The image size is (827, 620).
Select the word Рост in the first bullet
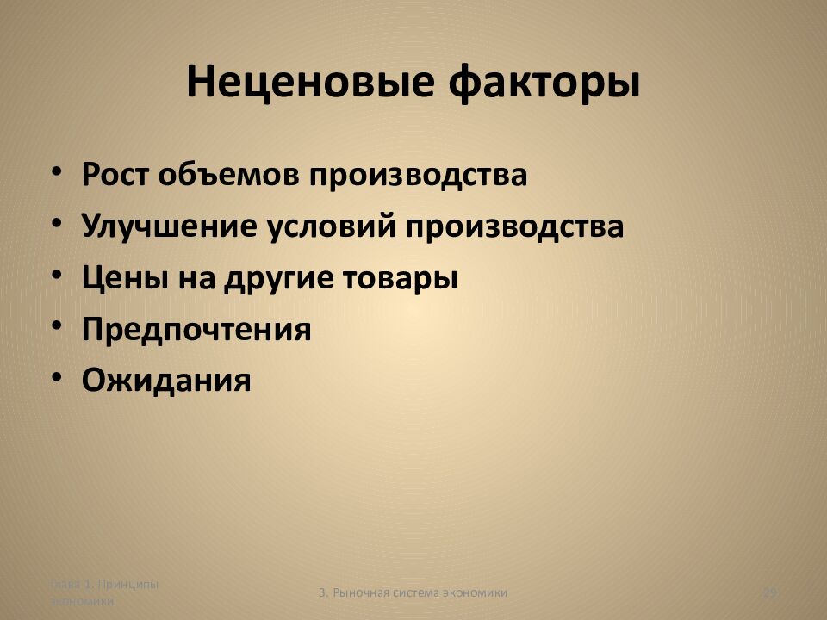click(x=115, y=175)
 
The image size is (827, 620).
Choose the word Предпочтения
click(x=196, y=329)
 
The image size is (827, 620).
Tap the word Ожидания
click(x=167, y=380)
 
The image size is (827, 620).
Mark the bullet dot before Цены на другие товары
click(x=56, y=276)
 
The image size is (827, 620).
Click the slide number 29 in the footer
click(x=771, y=592)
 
